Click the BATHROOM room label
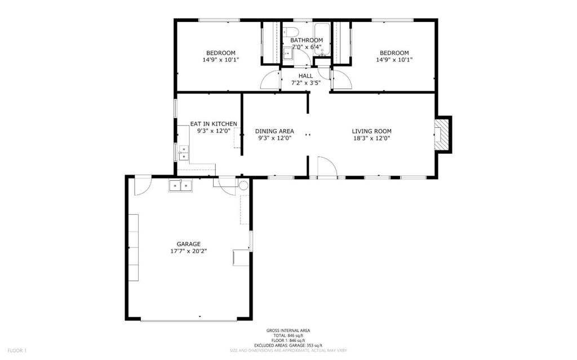[307, 40]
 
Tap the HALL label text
[306, 76]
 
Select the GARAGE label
[189, 244]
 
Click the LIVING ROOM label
[372, 131]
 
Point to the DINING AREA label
[274, 131]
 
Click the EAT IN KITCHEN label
[214, 124]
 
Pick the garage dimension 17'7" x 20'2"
[189, 251]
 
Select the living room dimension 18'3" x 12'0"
[372, 139]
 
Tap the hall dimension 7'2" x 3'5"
[306, 83]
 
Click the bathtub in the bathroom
[323, 40]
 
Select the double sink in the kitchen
[183, 153]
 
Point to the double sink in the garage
[181, 186]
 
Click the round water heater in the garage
[243, 185]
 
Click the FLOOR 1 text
[17, 350]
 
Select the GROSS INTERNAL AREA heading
[288, 331]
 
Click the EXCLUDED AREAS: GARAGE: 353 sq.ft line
[288, 346]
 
